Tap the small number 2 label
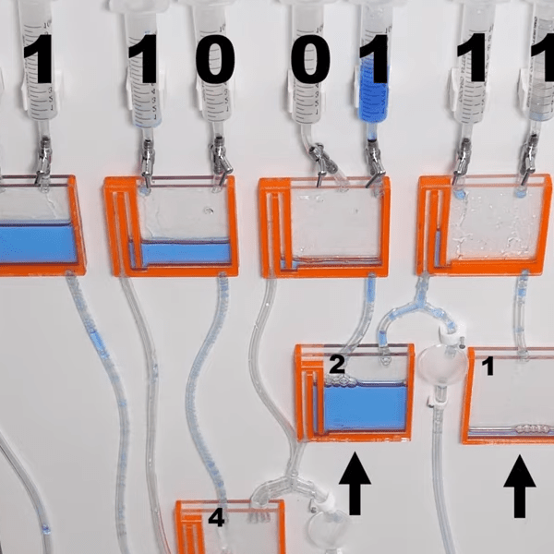coord(337,365)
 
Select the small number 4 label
coord(216,518)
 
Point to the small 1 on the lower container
coord(488,366)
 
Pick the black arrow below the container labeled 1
coord(519,486)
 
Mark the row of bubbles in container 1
coord(535,429)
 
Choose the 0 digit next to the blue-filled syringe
coord(310,59)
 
